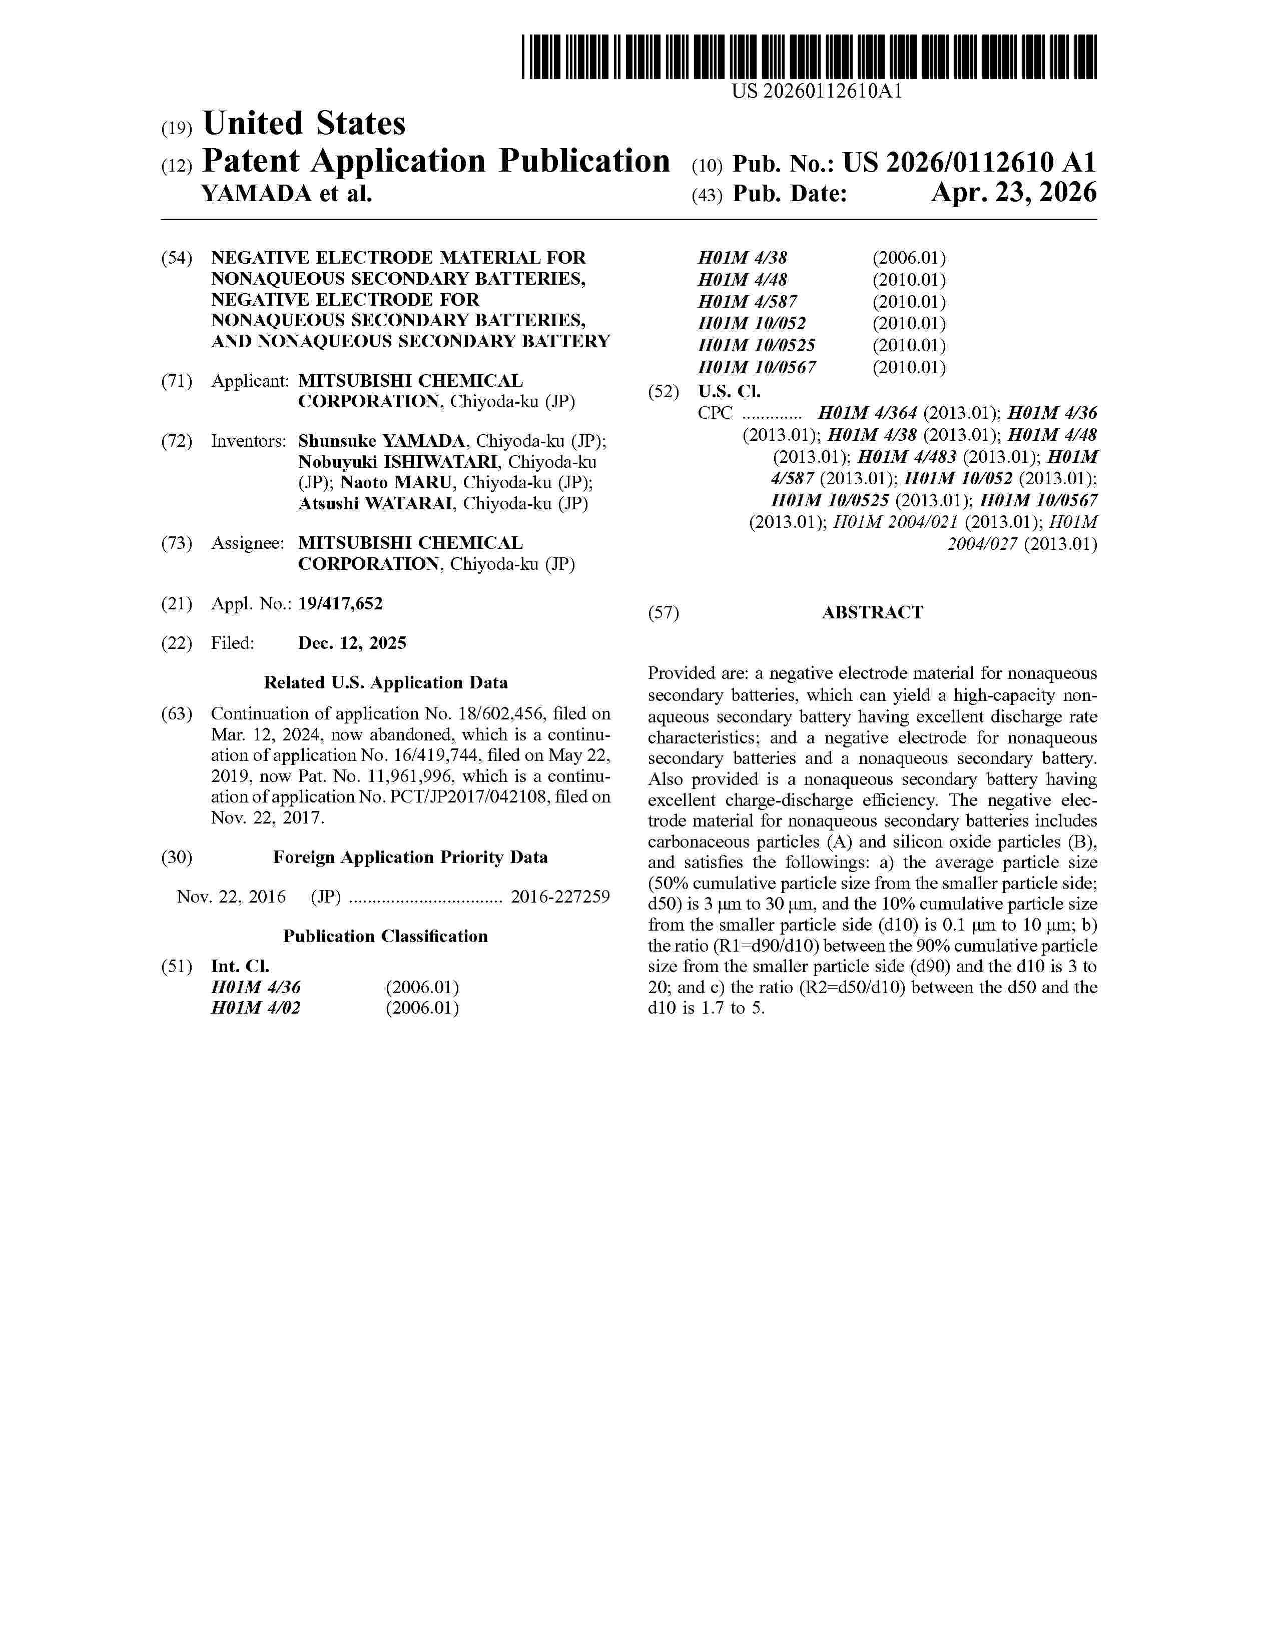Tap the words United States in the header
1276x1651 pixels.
click(304, 124)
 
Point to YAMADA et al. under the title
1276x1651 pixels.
click(287, 194)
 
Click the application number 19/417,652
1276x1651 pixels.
click(340, 603)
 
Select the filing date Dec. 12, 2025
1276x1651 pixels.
click(352, 643)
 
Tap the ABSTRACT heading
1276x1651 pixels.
click(872, 612)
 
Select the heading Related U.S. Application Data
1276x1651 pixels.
click(385, 682)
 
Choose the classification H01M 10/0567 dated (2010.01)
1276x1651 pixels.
click(757, 367)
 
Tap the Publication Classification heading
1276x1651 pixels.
click(385, 937)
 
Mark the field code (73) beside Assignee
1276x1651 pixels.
click(177, 543)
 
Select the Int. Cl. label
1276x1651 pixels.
click(240, 966)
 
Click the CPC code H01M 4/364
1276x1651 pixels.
click(868, 414)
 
